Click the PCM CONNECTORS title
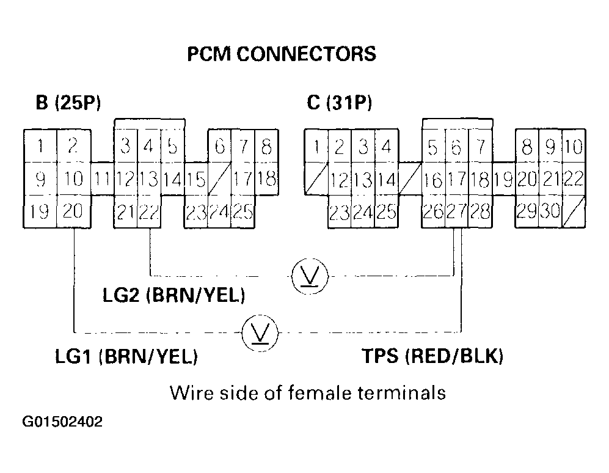click(x=281, y=54)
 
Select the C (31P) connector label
click(x=340, y=103)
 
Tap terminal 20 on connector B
click(x=73, y=211)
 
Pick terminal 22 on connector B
click(x=148, y=211)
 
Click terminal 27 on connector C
click(x=456, y=211)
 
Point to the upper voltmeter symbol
click(x=309, y=276)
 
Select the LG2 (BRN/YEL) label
click(x=174, y=296)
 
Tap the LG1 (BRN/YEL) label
click(x=126, y=357)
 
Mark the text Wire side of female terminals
click(x=308, y=391)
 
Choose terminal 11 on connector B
click(x=102, y=180)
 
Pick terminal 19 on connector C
click(x=503, y=180)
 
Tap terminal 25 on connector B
click(x=243, y=211)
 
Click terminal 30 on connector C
click(x=549, y=211)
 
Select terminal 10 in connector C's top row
click(x=573, y=147)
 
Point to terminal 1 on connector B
click(x=40, y=147)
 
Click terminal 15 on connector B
click(x=196, y=180)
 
